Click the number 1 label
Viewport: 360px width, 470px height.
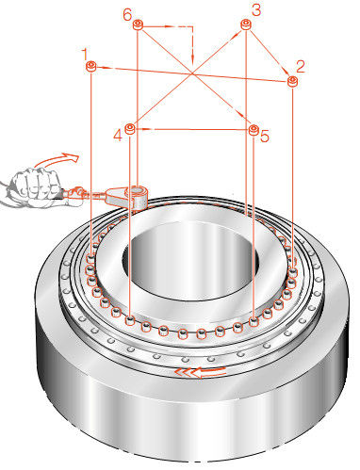point(86,53)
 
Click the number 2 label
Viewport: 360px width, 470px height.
point(301,66)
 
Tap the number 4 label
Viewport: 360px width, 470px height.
point(118,136)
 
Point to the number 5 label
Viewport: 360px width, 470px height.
point(265,136)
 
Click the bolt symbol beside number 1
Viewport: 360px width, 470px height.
point(91,66)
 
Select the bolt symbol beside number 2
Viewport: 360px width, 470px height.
point(292,82)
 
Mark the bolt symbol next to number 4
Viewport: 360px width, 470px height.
point(131,127)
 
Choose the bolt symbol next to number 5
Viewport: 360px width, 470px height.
point(252,127)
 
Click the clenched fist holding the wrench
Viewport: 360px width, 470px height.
point(31,184)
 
